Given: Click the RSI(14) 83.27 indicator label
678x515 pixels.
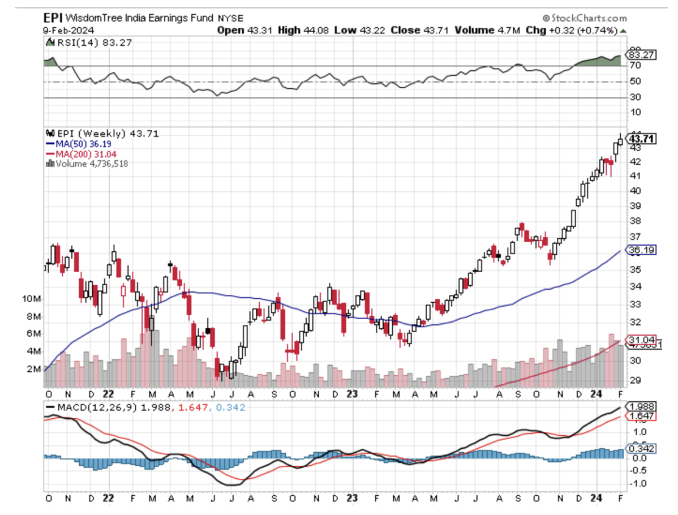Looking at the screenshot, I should click(88, 42).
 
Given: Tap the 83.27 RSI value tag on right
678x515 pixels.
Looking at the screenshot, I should click(640, 55).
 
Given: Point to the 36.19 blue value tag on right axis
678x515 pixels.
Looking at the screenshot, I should click(640, 250).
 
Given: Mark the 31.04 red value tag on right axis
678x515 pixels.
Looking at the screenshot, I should click(640, 339).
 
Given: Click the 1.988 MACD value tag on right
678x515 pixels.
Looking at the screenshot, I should click(641, 407).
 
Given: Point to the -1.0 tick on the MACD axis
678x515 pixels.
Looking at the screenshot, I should click(638, 483).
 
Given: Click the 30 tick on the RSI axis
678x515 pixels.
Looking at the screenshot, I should click(635, 97).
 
